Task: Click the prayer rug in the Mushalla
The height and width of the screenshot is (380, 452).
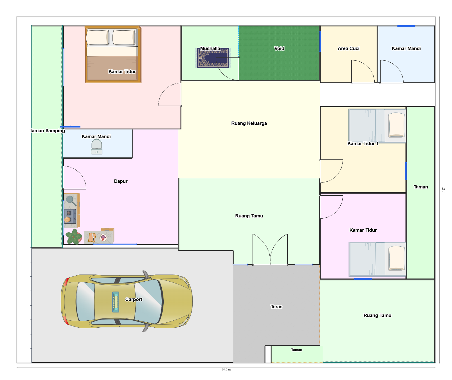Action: [213, 58]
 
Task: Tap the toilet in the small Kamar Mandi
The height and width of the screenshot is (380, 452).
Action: [96, 147]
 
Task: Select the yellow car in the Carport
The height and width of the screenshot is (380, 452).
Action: [127, 301]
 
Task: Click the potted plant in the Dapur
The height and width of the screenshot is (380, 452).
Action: [74, 236]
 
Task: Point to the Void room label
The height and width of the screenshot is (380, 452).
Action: [279, 48]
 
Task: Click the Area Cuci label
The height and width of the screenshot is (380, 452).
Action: [348, 48]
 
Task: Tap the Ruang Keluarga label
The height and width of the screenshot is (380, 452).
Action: [249, 123]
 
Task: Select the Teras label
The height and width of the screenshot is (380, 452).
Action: [276, 307]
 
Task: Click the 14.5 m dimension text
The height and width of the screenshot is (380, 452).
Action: [226, 369]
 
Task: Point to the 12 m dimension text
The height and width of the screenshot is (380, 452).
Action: [443, 190]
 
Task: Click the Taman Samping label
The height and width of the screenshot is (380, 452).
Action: [47, 131]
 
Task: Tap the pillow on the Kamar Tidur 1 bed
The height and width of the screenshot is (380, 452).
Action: [396, 125]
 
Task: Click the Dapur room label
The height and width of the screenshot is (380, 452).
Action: [121, 181]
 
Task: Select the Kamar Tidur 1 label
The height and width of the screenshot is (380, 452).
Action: [363, 143]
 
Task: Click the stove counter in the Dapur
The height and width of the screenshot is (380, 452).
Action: [72, 210]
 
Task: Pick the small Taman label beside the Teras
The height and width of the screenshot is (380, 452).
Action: [296, 350]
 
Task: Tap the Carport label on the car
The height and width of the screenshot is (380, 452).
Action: [134, 299]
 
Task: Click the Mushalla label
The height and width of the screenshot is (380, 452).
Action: [210, 48]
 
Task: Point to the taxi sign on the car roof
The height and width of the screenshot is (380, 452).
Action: [116, 302]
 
